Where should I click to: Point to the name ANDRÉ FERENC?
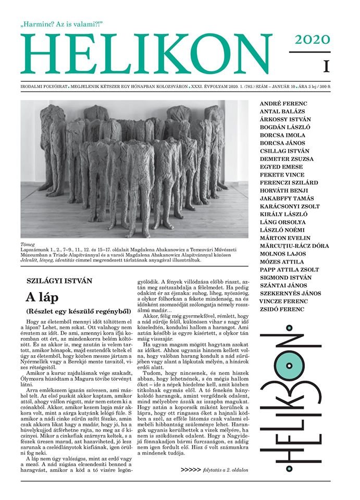pyautogui.click(x=283, y=104)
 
